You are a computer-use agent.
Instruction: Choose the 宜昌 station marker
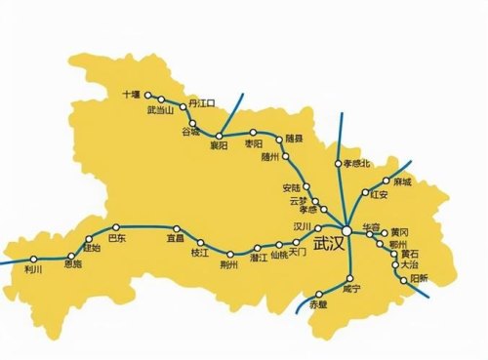pos(176,228)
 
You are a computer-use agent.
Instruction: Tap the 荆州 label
pos(229,264)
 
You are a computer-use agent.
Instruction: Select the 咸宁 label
pos(352,290)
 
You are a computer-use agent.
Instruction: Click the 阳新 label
pos(418,278)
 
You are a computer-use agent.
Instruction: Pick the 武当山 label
pos(159,110)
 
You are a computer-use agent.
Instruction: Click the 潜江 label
pos(259,259)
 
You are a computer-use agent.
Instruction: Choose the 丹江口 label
pos(200,101)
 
